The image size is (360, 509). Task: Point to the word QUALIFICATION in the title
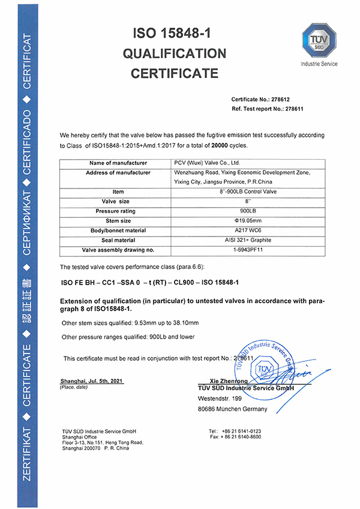[x=175, y=53]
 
